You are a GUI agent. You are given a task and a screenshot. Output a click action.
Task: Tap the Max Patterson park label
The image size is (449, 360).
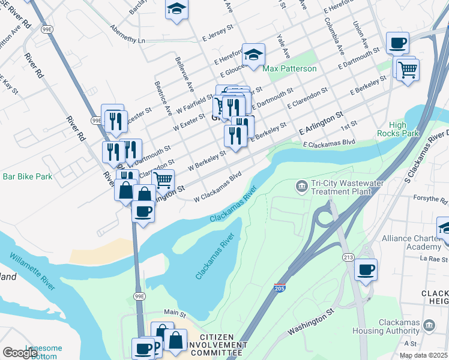tap(289, 69)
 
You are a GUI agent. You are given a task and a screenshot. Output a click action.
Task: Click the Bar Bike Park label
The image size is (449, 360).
tap(28, 177)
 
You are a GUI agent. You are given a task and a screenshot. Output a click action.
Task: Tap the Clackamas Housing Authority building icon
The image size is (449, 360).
tap(429, 325)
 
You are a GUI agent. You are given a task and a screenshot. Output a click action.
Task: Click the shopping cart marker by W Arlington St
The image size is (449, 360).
tap(162, 179)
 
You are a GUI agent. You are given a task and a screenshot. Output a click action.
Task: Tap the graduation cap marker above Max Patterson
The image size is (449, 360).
tap(253, 54)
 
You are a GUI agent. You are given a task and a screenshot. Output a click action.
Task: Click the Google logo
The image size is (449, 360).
tap(20, 352)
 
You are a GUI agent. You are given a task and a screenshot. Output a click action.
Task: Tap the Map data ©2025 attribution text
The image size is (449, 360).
tap(423, 355)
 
